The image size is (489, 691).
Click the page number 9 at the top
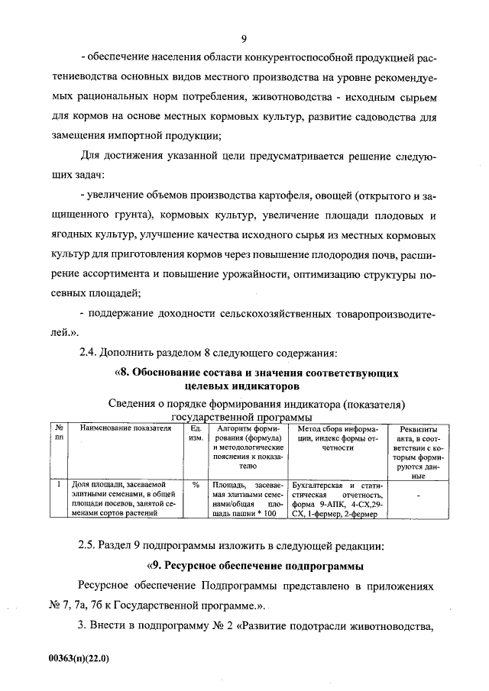243,40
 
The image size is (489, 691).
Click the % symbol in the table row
196,485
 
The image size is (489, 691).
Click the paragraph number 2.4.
90,352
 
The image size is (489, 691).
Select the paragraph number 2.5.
90,546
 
